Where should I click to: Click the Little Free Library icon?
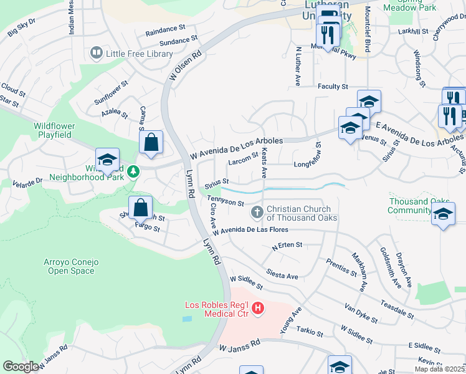click(x=97, y=54)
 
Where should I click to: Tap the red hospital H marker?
click(x=256, y=308)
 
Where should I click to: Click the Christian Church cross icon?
click(x=256, y=213)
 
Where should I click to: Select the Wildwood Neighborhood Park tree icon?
click(x=132, y=171)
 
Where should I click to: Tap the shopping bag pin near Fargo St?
click(x=141, y=208)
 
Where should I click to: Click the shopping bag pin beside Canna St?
click(x=151, y=143)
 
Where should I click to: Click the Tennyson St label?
click(x=226, y=203)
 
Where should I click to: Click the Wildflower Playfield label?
click(x=54, y=130)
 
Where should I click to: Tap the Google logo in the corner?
click(x=21, y=367)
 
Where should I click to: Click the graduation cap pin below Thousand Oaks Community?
click(x=443, y=214)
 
